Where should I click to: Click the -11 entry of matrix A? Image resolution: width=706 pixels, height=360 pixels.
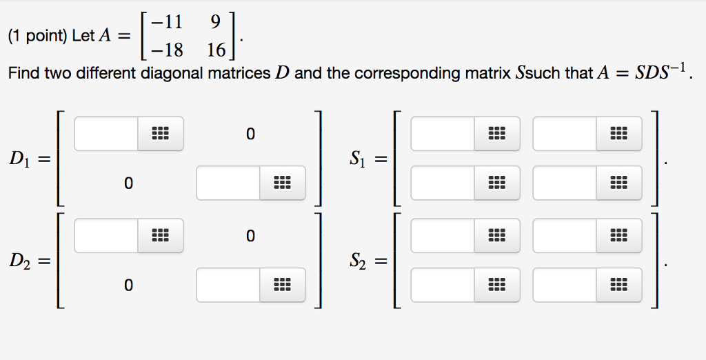tap(170, 22)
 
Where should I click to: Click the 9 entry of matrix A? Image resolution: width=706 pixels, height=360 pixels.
tap(215, 22)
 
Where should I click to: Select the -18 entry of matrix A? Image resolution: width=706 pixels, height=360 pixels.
tap(170, 50)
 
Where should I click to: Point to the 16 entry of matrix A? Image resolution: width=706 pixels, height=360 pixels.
tap(215, 50)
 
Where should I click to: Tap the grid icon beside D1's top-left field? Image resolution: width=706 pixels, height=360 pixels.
tap(160, 133)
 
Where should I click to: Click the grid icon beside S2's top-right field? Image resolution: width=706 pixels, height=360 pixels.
tap(618, 235)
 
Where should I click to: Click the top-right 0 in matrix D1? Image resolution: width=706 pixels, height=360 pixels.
tap(250, 133)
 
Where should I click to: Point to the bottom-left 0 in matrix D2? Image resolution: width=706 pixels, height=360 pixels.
tap(128, 285)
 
